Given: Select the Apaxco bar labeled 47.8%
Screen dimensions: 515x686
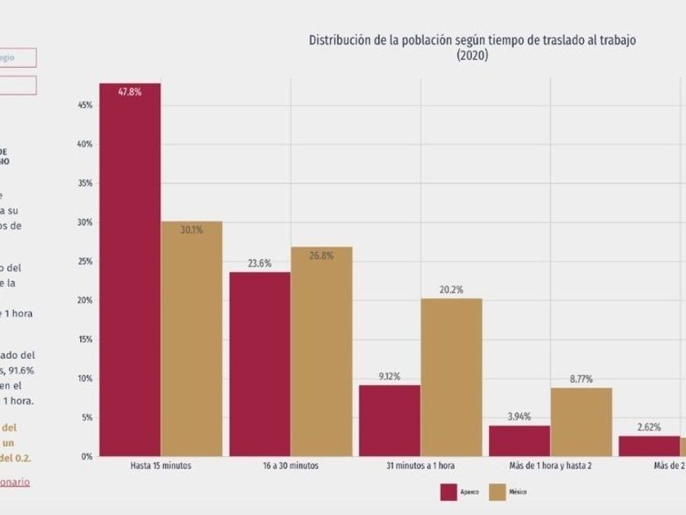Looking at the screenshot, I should click(x=130, y=270).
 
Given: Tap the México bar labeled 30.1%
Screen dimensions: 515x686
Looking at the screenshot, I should click(x=191, y=338).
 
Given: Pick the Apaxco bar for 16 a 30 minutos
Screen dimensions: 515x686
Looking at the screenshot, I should click(x=260, y=364).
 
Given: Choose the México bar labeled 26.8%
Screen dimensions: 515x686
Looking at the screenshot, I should click(x=321, y=352).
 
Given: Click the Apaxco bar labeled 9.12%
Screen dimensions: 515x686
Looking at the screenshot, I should click(x=390, y=420).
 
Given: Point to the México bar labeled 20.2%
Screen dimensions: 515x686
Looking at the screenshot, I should click(x=451, y=377).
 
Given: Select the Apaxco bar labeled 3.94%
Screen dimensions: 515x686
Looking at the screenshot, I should click(x=519, y=441).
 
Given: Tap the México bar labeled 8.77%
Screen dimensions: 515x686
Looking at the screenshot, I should click(x=581, y=422).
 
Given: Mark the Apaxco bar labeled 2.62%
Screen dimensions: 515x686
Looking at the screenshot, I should click(x=649, y=446).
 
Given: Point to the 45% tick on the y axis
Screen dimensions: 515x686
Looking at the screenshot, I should click(x=83, y=105).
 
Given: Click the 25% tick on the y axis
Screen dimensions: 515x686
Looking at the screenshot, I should click(x=83, y=261).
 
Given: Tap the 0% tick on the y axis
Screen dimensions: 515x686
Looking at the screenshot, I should click(x=85, y=456).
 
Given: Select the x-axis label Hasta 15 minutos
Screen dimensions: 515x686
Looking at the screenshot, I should click(x=160, y=466).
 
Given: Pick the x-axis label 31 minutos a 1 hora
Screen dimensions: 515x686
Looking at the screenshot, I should click(x=420, y=466).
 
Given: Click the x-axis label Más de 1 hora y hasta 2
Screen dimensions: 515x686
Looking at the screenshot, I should click(x=550, y=466).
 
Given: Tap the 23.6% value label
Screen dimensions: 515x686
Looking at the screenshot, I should click(x=259, y=263).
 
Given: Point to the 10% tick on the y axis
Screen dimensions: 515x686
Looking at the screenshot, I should click(x=83, y=378).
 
